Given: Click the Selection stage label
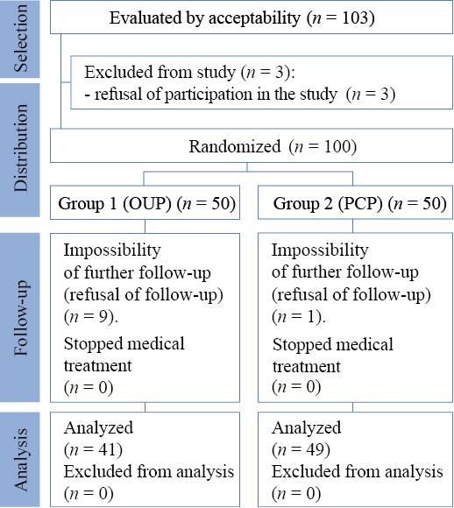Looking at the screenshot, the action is pos(21,39).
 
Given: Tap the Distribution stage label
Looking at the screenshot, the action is pos(21,148).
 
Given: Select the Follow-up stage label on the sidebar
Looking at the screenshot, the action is pos(21,317).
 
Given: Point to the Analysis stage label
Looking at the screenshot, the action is pos(21,459).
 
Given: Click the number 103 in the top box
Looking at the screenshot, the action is pos(354,18).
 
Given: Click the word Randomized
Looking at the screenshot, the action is pos(235,146).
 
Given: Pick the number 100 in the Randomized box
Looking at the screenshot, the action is pos(337,146).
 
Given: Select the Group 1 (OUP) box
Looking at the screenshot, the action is pos(145,202).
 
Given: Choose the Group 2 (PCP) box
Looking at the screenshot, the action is pos(356,202).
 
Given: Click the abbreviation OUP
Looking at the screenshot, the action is pos(146,203).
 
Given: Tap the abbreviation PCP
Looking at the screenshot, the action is pos(360,203).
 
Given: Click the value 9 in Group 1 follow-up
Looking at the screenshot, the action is pos(103,316).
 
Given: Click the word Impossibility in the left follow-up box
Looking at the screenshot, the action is pos(112,250).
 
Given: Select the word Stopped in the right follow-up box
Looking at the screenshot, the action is pos(296,344).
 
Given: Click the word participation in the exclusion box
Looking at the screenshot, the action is pos(209,95).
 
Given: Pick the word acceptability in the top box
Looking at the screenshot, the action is pos(254,18).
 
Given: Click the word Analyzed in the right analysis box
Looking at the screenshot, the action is pos(306,428).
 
